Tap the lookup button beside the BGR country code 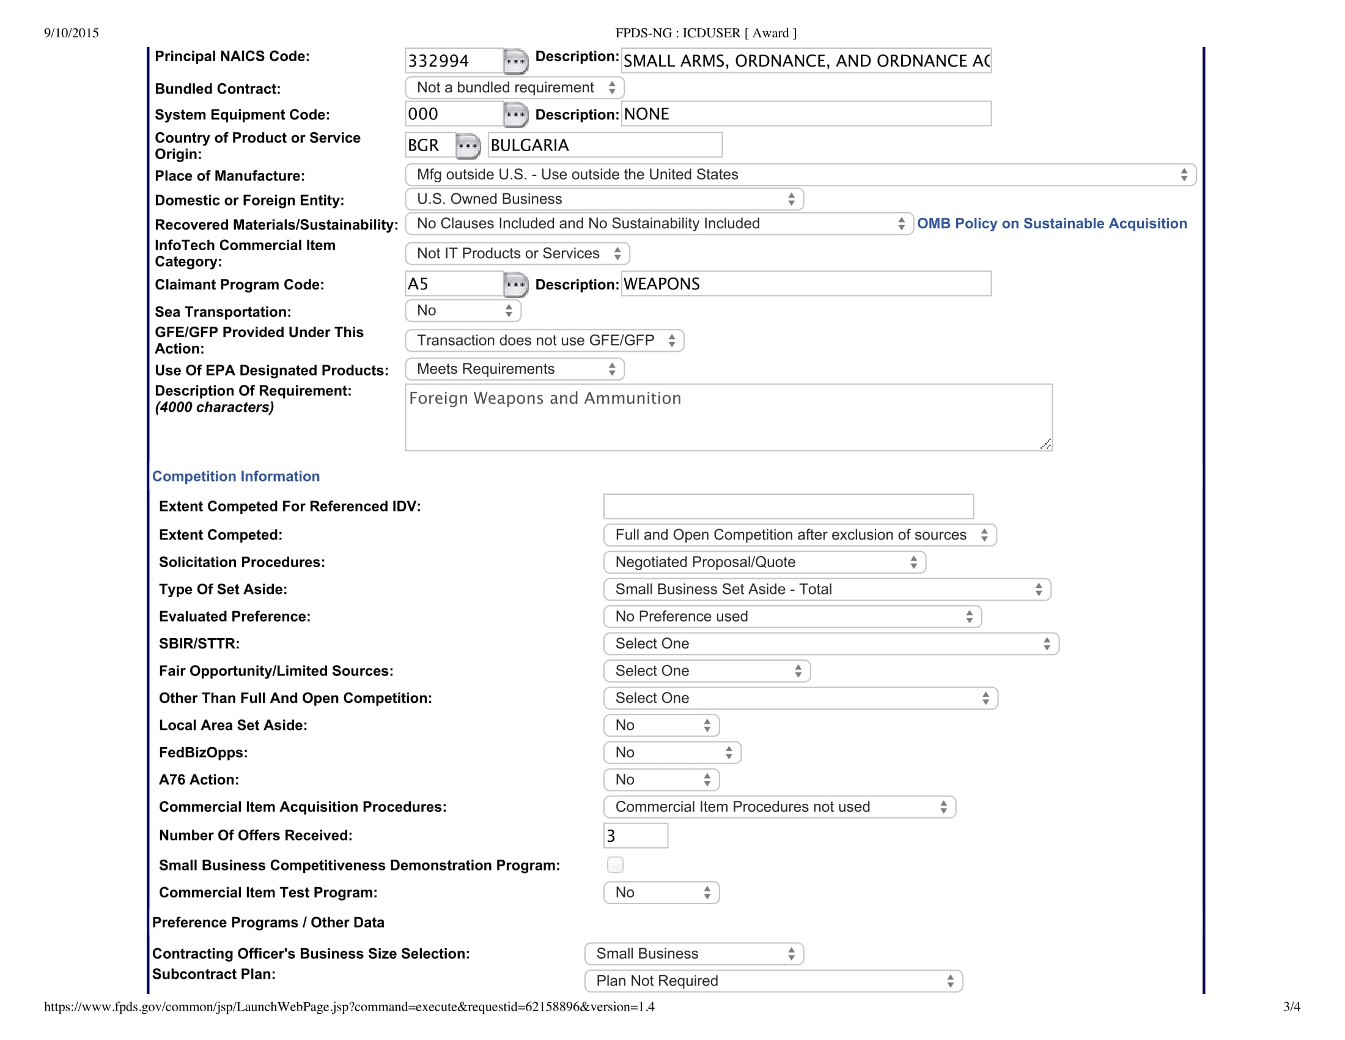point(468,146)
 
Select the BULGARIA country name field point(604,146)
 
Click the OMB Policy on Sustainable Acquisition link point(1052,224)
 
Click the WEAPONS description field point(806,284)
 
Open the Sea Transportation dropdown point(463,311)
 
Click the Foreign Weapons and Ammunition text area point(728,417)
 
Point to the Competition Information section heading point(236,476)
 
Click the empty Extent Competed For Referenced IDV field point(788,507)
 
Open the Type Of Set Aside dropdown point(827,590)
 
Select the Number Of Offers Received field point(636,836)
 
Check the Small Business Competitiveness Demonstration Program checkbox point(615,865)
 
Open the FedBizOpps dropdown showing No point(672,753)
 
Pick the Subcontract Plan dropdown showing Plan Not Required point(773,981)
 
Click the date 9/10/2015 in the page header point(72,33)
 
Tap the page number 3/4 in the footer point(1291,1007)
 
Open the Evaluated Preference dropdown point(792,617)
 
